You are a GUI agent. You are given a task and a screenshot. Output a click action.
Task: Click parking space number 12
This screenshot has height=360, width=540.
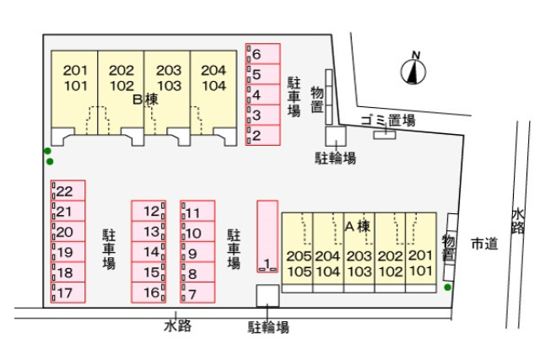tap(148, 212)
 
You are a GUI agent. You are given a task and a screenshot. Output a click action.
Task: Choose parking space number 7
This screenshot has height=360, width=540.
tap(197, 294)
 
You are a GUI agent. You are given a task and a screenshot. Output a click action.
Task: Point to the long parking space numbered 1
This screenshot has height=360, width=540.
tap(267, 236)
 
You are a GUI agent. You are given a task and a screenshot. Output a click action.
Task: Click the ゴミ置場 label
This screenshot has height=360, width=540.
tap(387, 121)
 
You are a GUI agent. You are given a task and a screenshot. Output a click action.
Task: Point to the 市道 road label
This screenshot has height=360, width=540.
tap(483, 244)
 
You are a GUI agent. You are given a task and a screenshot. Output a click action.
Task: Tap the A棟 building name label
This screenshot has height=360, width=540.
tap(358, 226)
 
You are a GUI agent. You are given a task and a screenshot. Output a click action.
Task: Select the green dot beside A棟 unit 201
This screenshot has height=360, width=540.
tap(447, 287)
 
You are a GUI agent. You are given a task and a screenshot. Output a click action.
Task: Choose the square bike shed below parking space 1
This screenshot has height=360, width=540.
tap(267, 296)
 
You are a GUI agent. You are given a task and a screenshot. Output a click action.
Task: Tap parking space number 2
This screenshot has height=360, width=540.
tap(262, 135)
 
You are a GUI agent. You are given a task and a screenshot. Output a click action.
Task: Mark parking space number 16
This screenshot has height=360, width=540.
tap(148, 293)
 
